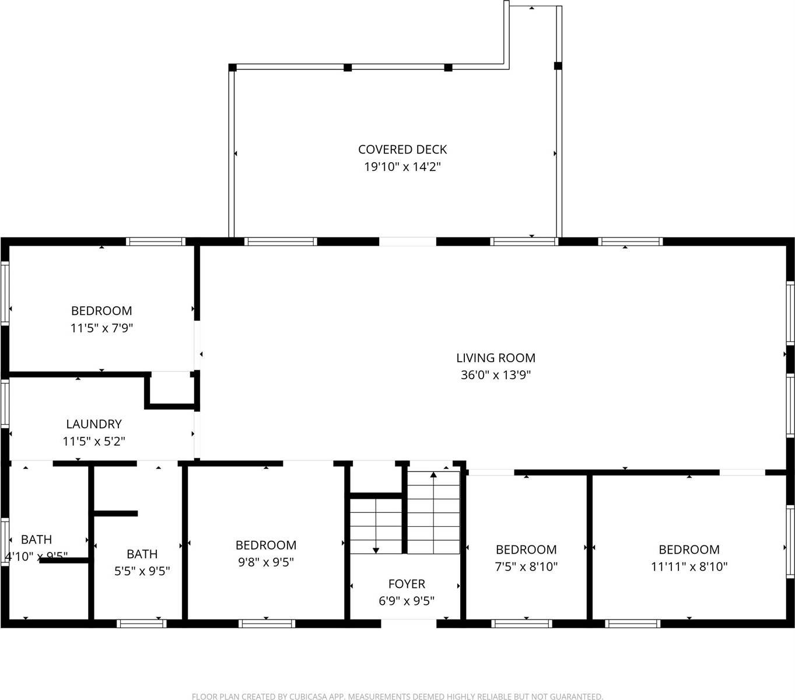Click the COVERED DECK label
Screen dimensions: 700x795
coord(402,149)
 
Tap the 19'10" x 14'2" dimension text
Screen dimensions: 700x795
coord(402,167)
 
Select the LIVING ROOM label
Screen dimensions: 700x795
coord(496,358)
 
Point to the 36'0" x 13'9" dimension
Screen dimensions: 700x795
coord(496,375)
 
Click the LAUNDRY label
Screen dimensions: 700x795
coord(94,424)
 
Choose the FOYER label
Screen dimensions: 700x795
coord(407,584)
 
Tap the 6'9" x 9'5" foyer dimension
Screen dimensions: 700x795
coord(407,601)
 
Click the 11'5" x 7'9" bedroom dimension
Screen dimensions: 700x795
coord(101,328)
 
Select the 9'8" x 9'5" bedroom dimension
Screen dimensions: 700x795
coord(266,562)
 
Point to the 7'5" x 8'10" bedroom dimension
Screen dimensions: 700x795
coord(526,566)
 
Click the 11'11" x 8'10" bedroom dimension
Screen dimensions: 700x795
coord(689,566)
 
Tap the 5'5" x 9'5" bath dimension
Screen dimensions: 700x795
coord(142,571)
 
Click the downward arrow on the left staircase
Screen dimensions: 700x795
coord(376,549)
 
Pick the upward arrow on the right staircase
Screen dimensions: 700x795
coord(433,475)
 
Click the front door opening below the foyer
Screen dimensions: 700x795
coord(408,624)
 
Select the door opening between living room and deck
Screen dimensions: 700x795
coord(408,242)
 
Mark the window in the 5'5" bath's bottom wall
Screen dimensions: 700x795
coord(142,624)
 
